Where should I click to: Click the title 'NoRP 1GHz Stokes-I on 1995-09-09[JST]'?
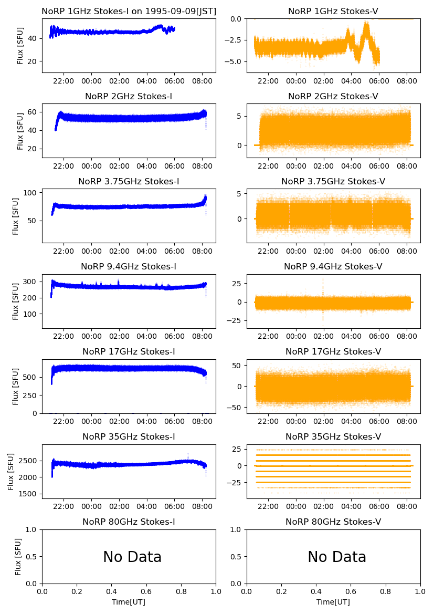(129, 11)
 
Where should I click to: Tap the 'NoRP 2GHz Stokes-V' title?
(333, 96)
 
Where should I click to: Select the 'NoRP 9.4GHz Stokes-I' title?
(129, 266)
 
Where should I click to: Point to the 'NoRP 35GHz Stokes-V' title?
(333, 436)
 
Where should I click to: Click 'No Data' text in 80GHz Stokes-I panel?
(132, 557)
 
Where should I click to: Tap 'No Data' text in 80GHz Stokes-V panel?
(337, 557)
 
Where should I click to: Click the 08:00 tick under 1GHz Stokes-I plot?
(203, 81)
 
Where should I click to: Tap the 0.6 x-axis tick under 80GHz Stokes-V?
(351, 592)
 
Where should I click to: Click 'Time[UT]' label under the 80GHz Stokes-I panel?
(129, 602)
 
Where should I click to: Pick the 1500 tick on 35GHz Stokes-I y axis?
(29, 494)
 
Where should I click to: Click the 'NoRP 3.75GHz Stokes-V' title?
(333, 181)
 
